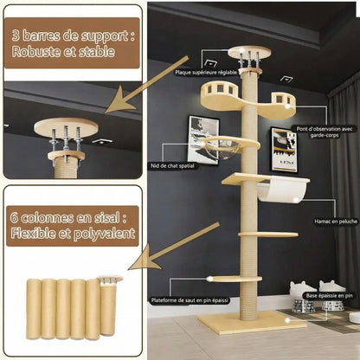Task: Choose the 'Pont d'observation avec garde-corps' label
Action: click(324, 132)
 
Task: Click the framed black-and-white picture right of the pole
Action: click(283, 149)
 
